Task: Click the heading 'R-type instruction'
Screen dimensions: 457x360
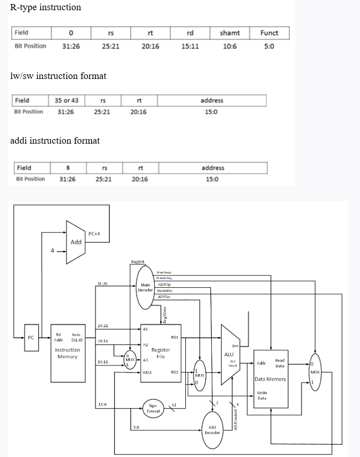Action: pyautogui.click(x=45, y=7)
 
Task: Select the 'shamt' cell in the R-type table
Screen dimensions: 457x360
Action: pyautogui.click(x=230, y=33)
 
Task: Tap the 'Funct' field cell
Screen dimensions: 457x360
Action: pyautogui.click(x=269, y=33)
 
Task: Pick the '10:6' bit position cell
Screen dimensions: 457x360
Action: pyautogui.click(x=230, y=46)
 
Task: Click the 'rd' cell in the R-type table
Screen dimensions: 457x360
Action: pyautogui.click(x=190, y=33)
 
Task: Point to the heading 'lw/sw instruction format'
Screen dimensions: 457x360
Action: pyautogui.click(x=58, y=76)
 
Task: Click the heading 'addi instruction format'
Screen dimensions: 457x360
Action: pyautogui.click(x=55, y=141)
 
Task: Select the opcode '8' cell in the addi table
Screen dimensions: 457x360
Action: pyautogui.click(x=67, y=168)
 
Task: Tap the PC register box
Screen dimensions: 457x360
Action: pyautogui.click(x=32, y=337)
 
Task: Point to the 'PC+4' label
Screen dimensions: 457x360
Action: pyautogui.click(x=94, y=234)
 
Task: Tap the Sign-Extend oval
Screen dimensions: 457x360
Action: pyautogui.click(x=152, y=408)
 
